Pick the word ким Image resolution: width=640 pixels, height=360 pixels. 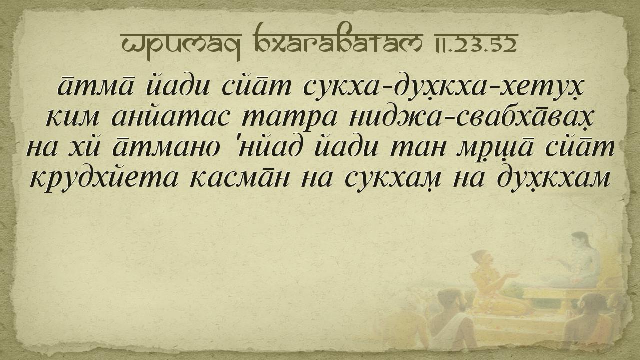click(x=72, y=117)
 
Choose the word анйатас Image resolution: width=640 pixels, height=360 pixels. click(x=170, y=116)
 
